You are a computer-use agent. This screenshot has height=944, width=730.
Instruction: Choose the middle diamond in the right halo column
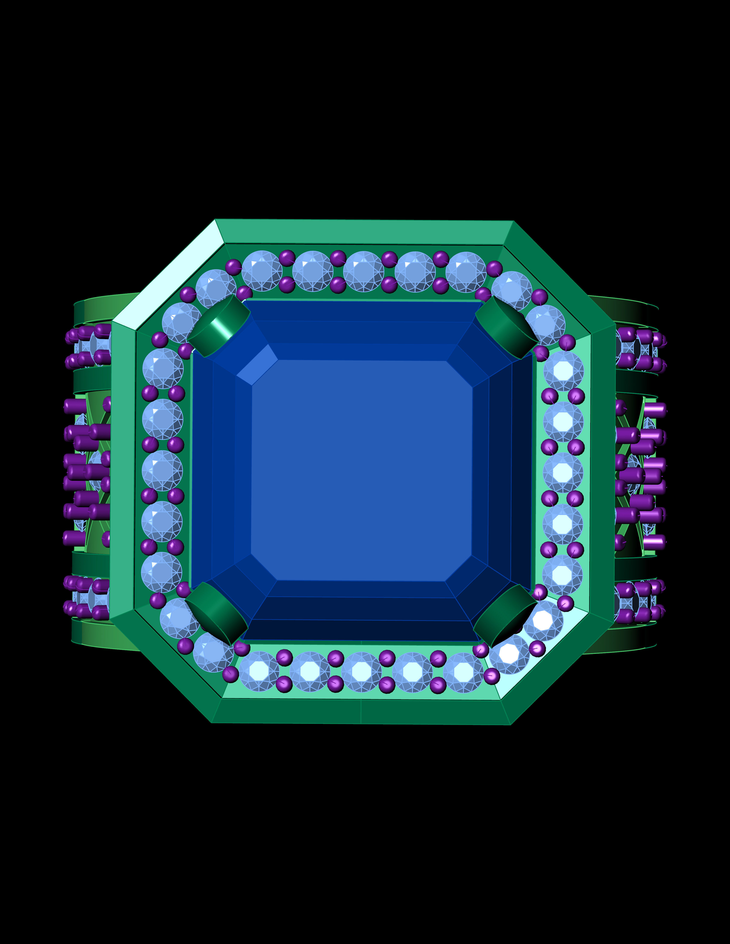(563, 472)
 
